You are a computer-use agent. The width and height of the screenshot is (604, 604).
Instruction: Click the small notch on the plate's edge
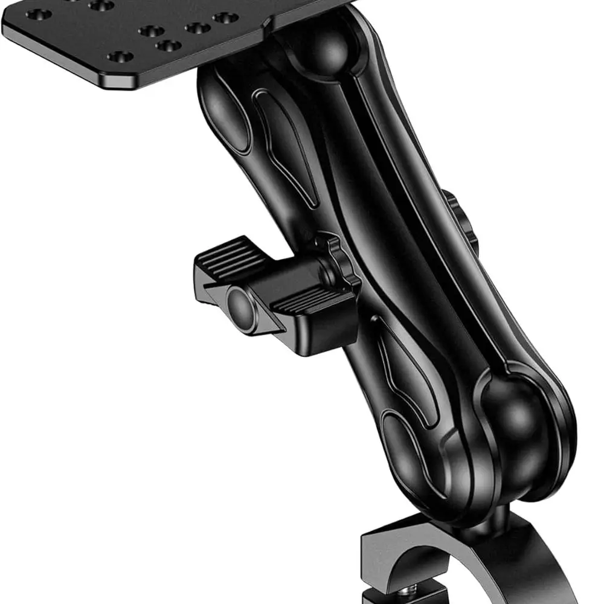tap(266, 23)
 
